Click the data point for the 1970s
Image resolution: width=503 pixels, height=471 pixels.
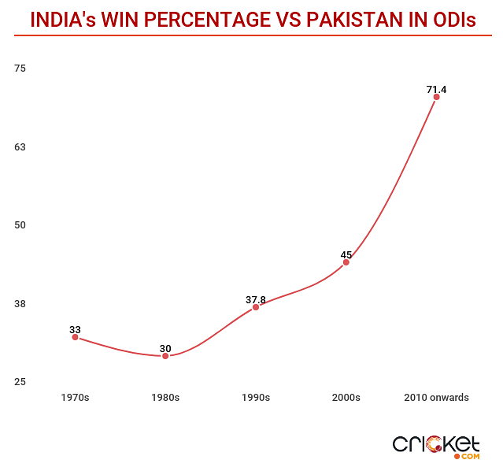(x=75, y=337)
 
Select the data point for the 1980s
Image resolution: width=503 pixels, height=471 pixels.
(x=165, y=356)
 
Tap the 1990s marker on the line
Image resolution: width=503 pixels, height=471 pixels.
(x=256, y=307)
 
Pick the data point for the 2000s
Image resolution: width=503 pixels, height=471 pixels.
(x=346, y=262)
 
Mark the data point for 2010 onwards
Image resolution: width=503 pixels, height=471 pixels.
(x=436, y=97)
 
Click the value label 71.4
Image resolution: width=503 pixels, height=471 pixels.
(x=436, y=90)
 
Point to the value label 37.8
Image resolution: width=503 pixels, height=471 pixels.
(x=256, y=299)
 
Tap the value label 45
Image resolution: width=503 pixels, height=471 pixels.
(x=346, y=254)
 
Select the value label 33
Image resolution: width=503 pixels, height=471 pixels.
(x=75, y=330)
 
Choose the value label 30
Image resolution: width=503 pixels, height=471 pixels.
(x=165, y=348)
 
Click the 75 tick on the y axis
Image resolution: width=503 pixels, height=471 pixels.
(x=20, y=69)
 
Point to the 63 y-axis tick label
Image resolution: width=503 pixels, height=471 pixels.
(x=20, y=146)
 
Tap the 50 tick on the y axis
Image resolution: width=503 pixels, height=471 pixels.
(x=20, y=225)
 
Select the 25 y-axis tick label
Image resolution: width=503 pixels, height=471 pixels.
(x=20, y=382)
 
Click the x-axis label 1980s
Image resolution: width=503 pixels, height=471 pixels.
(x=165, y=398)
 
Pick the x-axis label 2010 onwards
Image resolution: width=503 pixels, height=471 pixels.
(x=436, y=398)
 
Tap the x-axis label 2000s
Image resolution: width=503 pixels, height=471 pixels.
(x=346, y=398)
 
